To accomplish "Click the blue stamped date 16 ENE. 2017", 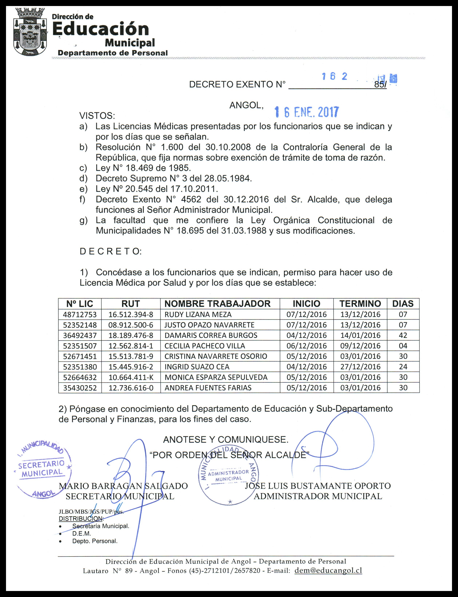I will point(307,112).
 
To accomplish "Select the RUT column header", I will point(131,304).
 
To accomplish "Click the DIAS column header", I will point(403,304).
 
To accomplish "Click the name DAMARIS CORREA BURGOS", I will point(211,335).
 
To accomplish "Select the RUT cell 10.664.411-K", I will point(131,377).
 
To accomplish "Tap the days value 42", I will point(403,335).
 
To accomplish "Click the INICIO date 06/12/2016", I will point(306,346).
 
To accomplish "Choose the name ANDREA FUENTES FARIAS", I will point(208,388).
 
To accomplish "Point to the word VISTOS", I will point(97,116).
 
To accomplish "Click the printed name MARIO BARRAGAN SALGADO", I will point(123,486).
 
